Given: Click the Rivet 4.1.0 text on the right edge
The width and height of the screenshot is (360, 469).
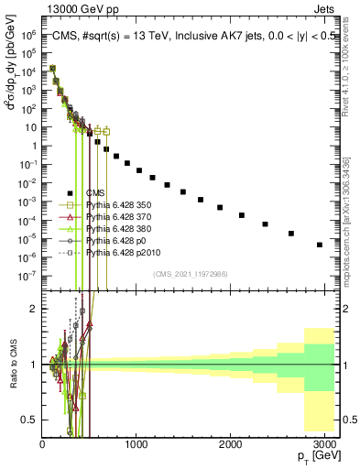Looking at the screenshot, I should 354,69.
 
